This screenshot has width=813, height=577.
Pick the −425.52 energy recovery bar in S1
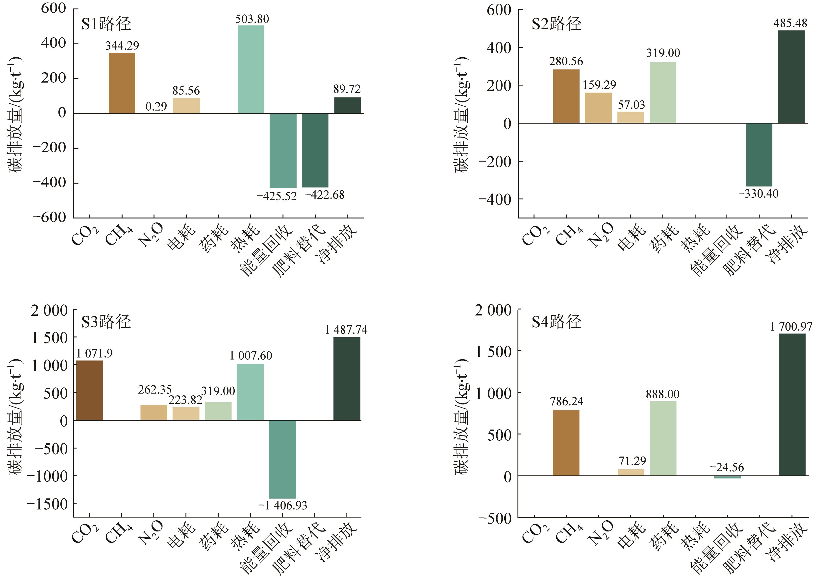pos(283,151)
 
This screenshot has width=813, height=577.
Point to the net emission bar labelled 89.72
pos(347,105)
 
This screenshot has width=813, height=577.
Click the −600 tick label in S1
pos(50,217)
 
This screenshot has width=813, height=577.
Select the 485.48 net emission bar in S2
pos(791,77)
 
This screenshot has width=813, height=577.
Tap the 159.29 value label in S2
pos(599,85)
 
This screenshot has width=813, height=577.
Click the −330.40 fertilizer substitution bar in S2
pos(759,155)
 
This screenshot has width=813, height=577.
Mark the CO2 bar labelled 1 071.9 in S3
pos(90,390)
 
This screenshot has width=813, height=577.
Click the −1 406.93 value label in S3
pos(283,505)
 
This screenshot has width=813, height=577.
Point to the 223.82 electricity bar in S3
pos(186,413)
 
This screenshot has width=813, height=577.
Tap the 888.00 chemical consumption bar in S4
pos(663,438)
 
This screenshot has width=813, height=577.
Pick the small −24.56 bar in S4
pos(727,477)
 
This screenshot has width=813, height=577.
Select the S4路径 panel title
pos(556,322)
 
